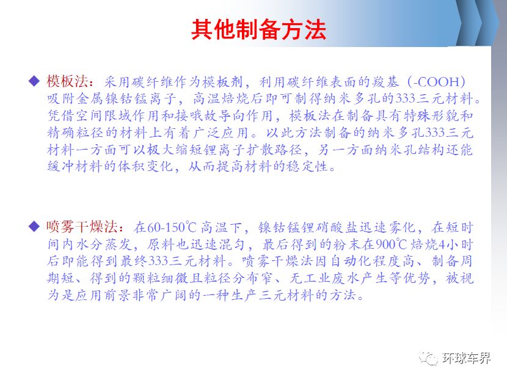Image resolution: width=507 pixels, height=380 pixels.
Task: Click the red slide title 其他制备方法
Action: tap(258, 30)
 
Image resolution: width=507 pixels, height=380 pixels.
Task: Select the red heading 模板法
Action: tap(67, 81)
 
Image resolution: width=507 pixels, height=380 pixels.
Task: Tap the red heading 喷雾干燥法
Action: tap(82, 227)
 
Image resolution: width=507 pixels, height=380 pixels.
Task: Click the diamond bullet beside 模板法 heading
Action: tap(34, 81)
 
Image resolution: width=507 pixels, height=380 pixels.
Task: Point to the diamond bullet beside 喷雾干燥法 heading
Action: tap(34, 227)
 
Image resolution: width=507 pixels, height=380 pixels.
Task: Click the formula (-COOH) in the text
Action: tap(436, 81)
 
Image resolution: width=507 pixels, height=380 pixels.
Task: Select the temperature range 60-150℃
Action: tap(172, 227)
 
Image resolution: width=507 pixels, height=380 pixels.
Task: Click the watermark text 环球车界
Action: tap(466, 358)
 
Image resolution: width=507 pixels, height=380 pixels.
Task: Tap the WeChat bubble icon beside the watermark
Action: tap(428, 358)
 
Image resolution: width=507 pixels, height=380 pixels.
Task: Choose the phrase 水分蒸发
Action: tap(104, 244)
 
